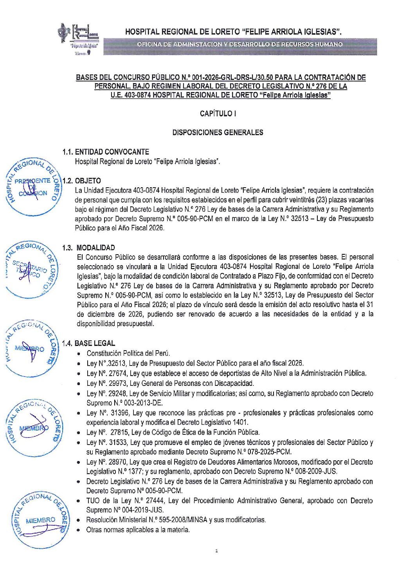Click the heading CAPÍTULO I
pos(218,114)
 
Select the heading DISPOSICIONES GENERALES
pos(218,132)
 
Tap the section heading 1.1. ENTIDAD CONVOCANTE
pos(106,152)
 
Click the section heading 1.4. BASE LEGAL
pos(89,343)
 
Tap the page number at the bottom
pos(216,551)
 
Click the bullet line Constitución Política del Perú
pos(128,353)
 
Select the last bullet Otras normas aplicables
pos(138,530)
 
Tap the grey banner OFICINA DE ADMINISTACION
pos(239,44)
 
